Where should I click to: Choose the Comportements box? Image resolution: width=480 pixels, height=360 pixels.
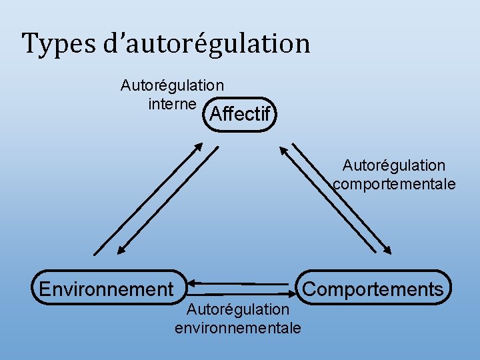tap(374, 288)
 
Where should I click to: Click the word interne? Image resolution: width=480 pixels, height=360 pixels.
tap(172, 104)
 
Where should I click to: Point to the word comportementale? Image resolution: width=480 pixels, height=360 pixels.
tap(395, 184)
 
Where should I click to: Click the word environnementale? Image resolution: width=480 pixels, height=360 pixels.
tap(237, 328)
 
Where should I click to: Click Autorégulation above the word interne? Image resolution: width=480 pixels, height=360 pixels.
tap(172, 85)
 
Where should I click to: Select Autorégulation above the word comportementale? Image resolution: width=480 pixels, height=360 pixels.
tap(394, 165)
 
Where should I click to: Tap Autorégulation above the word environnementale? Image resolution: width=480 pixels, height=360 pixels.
tap(237, 309)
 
